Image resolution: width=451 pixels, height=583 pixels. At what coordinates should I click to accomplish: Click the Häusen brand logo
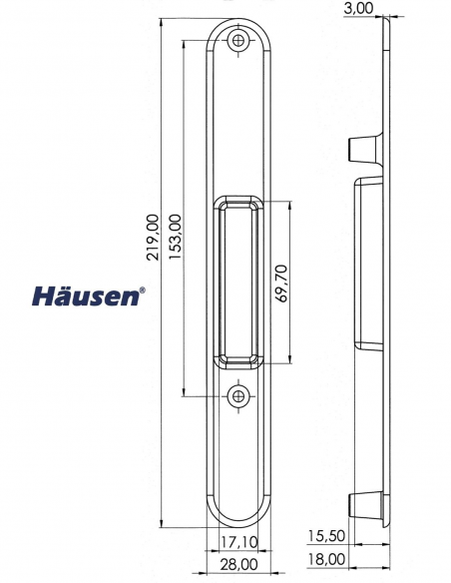(x=87, y=295)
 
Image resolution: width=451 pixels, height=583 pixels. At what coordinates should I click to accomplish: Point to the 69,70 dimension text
(x=282, y=284)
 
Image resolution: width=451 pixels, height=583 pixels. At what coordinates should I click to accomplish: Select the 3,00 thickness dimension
(x=358, y=8)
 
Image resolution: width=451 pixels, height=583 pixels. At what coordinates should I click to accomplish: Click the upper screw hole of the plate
(x=238, y=42)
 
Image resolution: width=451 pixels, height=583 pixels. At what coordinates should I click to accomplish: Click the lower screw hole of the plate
(x=238, y=396)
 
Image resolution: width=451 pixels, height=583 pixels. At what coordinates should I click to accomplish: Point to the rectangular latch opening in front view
(x=238, y=284)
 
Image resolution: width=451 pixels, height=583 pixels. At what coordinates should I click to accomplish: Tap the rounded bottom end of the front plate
(x=238, y=519)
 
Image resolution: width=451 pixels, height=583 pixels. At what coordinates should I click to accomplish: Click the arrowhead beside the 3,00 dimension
(x=387, y=18)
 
